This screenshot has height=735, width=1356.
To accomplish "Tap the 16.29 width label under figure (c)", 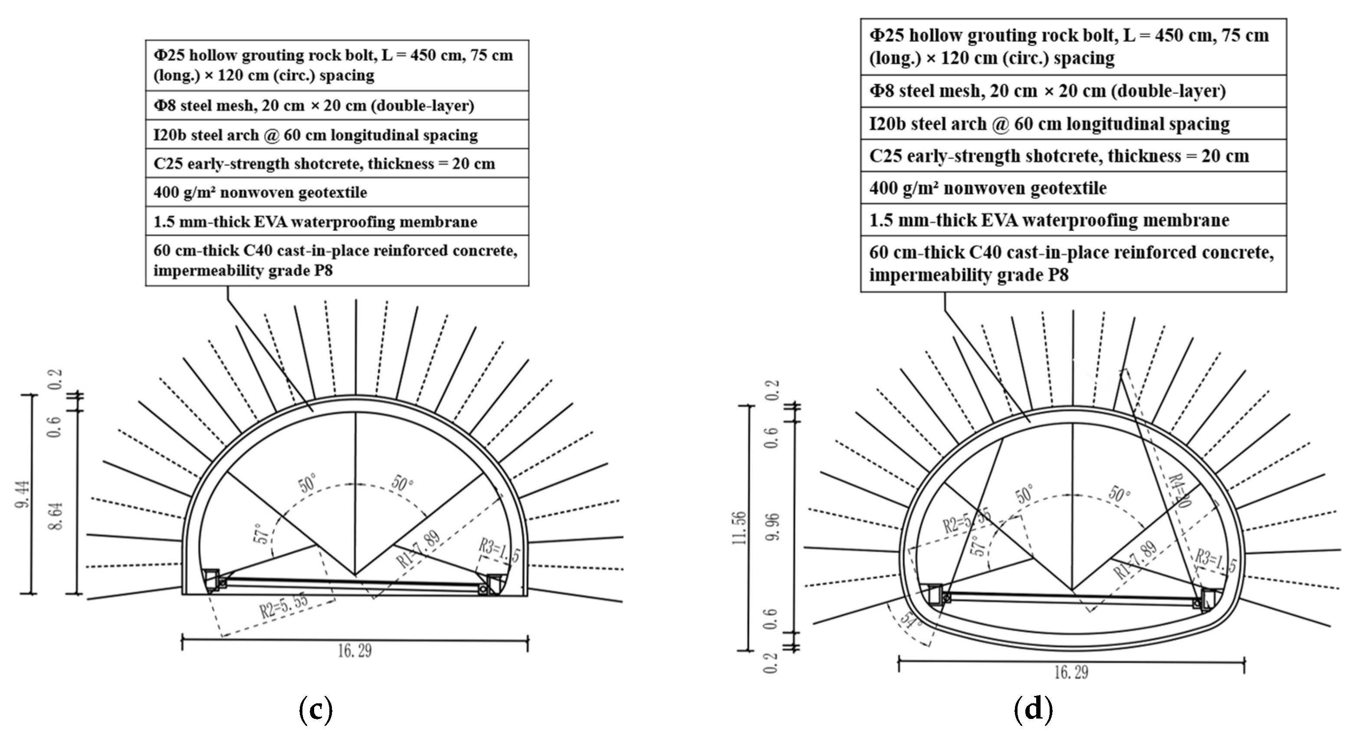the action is (355, 651).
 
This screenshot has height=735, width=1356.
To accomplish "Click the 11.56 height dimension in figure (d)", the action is (739, 528).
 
